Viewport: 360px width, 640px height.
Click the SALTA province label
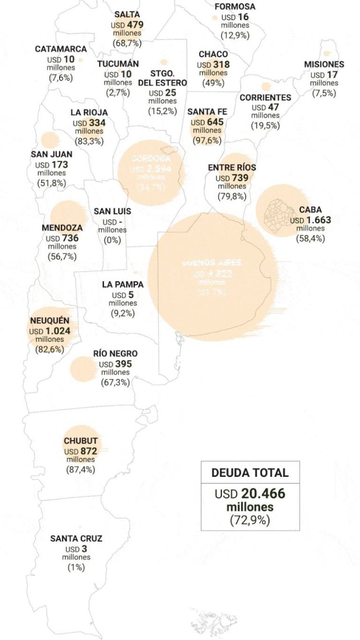pos(127,14)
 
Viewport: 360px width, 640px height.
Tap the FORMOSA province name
pos(235,7)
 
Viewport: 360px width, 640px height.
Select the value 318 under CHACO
pos(221,64)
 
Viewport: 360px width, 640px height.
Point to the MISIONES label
pos(324,64)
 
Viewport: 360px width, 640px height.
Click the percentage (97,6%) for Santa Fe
pos(207,140)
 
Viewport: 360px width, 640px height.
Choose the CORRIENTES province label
pos(265,97)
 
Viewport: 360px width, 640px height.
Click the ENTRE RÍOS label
pos(232,168)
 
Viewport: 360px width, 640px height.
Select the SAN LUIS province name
pos(112,211)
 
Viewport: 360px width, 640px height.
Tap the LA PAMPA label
pos(122,284)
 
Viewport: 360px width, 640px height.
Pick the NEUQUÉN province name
pos(49,321)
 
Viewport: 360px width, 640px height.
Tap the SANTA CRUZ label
pos(76,539)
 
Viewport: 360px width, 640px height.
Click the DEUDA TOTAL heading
pos(250,472)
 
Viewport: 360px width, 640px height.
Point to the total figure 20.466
pos(263,494)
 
